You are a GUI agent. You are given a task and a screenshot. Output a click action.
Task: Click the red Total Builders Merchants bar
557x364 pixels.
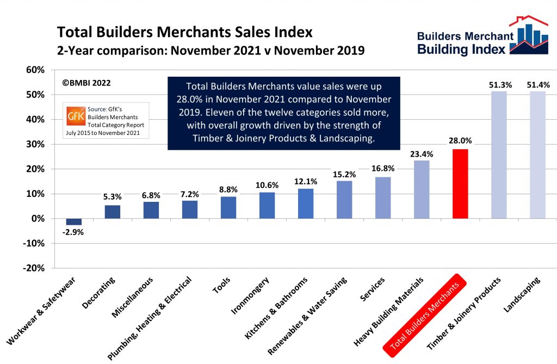460,183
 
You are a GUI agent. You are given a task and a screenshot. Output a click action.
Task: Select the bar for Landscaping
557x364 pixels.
537,155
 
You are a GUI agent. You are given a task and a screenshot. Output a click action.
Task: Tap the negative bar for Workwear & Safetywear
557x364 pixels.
74,221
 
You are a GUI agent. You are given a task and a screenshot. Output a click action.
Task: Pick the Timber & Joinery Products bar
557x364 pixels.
499,155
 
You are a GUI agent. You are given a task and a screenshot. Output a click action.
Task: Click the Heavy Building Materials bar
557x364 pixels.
422,189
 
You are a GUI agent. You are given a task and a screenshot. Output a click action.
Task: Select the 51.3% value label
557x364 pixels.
499,85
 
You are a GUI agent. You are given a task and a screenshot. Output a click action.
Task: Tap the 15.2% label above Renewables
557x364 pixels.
344,174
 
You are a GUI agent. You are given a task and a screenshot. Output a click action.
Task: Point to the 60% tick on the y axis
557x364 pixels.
35,70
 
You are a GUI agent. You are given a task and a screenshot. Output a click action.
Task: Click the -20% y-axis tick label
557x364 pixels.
34,268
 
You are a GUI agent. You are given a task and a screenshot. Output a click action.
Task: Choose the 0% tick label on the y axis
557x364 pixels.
38,219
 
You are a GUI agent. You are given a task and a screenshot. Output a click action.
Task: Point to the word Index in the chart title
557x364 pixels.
289,32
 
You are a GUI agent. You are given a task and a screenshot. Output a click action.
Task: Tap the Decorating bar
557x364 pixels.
113,212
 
